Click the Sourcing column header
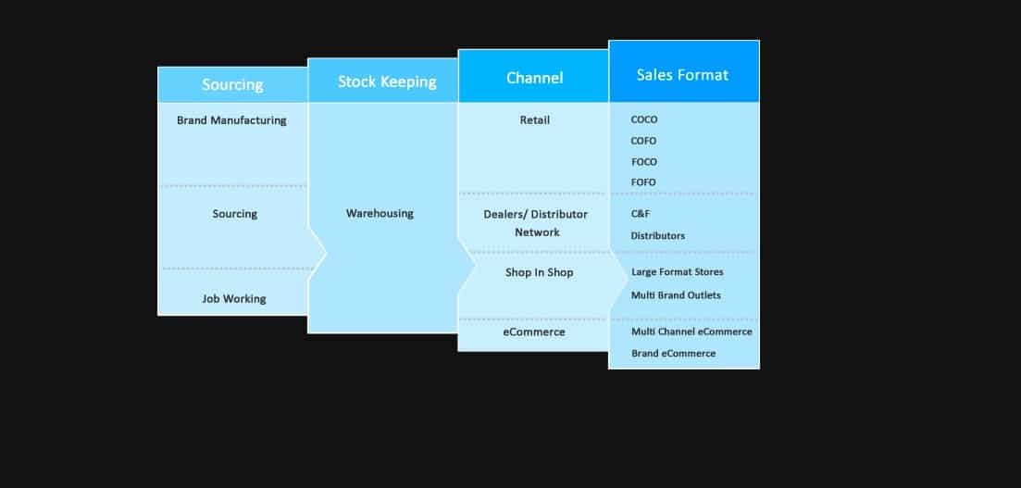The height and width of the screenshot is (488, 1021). [x=232, y=84]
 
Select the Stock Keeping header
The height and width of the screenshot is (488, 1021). [x=387, y=81]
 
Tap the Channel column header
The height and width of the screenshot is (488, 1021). [x=534, y=78]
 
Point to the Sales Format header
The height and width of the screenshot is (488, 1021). [x=682, y=74]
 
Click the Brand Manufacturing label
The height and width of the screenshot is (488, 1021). [x=231, y=120]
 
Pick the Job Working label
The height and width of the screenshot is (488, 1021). [x=234, y=298]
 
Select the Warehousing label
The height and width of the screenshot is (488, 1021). [x=380, y=213]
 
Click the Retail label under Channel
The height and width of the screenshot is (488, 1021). [x=535, y=119]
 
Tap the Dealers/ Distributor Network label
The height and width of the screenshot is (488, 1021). [x=536, y=223]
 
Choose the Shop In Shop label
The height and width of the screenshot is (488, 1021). [x=539, y=272]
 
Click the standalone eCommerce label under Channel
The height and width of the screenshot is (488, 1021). [x=534, y=332]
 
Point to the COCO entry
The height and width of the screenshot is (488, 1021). [x=644, y=119]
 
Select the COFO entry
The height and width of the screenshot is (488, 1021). [x=643, y=141]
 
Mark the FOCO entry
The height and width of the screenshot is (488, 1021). [x=643, y=162]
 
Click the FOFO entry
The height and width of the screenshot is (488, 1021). [x=643, y=182]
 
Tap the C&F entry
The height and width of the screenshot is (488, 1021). [x=641, y=213]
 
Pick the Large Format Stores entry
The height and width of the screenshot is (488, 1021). [x=677, y=272]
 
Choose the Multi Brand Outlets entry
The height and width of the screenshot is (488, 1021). [x=676, y=295]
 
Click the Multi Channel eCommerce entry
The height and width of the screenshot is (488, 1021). [x=691, y=332]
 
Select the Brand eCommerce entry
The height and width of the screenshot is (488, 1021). [x=673, y=354]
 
